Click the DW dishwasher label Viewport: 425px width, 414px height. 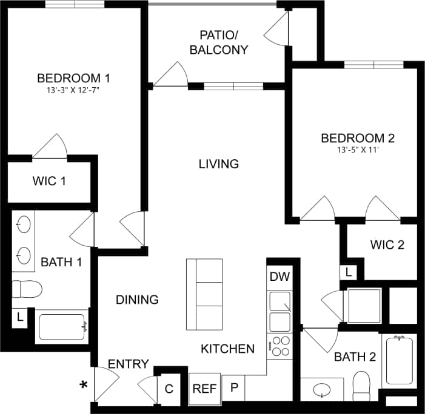tap(279, 277)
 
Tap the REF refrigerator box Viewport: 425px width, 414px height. tap(205, 388)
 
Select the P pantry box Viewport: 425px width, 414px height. tap(233, 388)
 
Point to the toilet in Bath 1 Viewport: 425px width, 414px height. tap(27, 289)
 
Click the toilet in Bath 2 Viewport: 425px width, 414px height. tap(361, 386)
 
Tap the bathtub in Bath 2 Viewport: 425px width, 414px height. tap(399, 361)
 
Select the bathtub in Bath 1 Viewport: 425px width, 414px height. tap(62, 327)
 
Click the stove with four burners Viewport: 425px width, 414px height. tap(280, 346)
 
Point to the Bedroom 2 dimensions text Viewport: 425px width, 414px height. tap(353, 151)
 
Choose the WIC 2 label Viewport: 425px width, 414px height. tap(387, 245)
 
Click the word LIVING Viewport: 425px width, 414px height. tap(219, 164)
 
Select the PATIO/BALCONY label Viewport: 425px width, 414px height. tap(219, 42)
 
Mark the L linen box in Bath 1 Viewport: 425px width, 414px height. tap(19, 317)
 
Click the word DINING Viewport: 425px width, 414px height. tap(137, 300)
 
